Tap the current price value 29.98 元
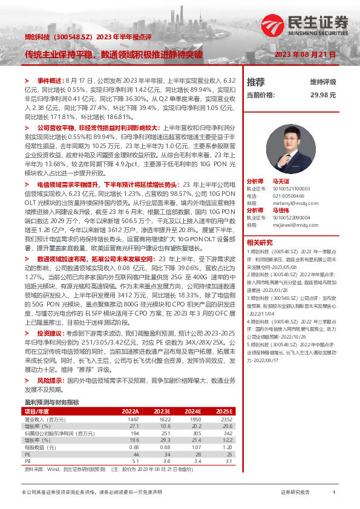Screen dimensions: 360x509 click(x=323, y=95)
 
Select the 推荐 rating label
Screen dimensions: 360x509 click(x=256, y=82)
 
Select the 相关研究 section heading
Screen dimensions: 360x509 click(x=258, y=241)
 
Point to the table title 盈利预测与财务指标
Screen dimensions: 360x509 click(x=51, y=401)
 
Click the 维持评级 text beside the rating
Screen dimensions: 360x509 click(x=323, y=82)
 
